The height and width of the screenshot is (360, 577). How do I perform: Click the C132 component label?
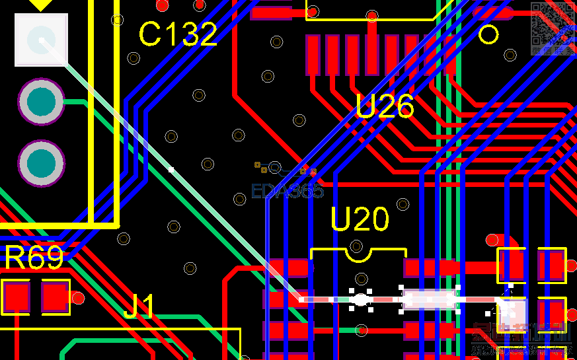[178, 34]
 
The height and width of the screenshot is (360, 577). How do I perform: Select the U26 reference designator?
[385, 106]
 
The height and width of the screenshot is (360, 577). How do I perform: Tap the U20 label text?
[360, 219]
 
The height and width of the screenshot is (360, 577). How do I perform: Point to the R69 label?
[34, 258]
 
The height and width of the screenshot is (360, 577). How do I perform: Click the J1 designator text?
[139, 307]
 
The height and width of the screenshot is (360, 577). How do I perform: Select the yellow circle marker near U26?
[488, 34]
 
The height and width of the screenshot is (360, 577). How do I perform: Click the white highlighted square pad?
[41, 40]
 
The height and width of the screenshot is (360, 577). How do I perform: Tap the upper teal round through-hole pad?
[41, 102]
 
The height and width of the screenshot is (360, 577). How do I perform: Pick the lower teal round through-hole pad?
[41, 163]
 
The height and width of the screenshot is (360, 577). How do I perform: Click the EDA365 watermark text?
[288, 192]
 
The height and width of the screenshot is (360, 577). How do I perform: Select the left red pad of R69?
[16, 297]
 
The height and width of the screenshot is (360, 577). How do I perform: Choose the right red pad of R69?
[56, 297]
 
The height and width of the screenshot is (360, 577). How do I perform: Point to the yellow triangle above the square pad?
[41, 5]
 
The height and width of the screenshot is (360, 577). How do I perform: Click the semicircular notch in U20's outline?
[357, 249]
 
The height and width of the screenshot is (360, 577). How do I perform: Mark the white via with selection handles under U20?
[360, 300]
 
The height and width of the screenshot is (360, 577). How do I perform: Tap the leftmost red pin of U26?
[313, 55]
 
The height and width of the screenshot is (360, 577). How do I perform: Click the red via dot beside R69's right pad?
[78, 298]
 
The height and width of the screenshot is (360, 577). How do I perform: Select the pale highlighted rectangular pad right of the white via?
[430, 299]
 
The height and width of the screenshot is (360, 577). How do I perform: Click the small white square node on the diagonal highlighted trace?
[171, 170]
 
